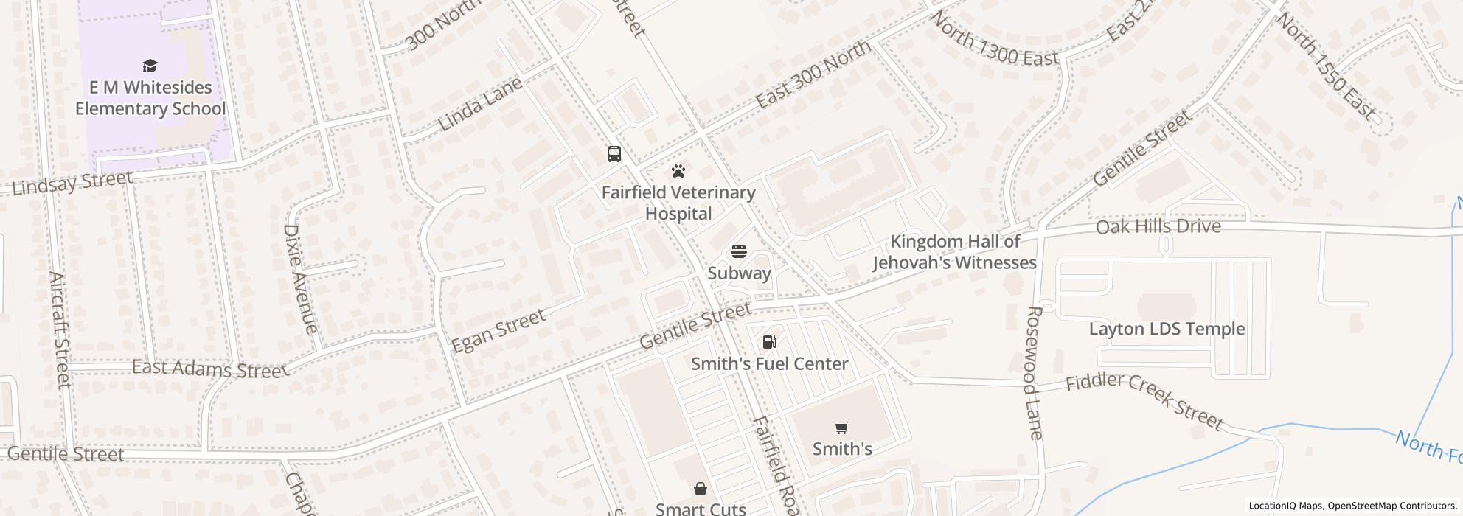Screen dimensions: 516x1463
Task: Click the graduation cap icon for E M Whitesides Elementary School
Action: (x=150, y=66)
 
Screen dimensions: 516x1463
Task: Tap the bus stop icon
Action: (x=614, y=154)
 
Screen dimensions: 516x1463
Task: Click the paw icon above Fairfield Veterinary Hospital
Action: (x=678, y=172)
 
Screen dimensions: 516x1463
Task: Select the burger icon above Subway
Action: (x=739, y=252)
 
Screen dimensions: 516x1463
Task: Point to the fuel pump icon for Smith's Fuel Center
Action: (x=769, y=342)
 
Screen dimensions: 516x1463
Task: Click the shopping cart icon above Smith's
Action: (x=841, y=428)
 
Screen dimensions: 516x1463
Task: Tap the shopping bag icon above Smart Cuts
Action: (x=700, y=489)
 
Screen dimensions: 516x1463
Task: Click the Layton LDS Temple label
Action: (x=1167, y=329)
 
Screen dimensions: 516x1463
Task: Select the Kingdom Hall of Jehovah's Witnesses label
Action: (x=955, y=252)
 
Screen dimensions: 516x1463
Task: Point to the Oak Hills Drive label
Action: (x=1158, y=226)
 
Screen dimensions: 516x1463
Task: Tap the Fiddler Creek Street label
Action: (x=1144, y=401)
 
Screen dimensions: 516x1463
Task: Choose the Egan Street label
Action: (x=498, y=330)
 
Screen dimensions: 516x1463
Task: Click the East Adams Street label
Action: (x=209, y=369)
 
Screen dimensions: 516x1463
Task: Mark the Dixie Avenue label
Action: (x=300, y=279)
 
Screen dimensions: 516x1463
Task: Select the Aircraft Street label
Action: (x=60, y=330)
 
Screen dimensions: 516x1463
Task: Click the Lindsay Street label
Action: (x=72, y=182)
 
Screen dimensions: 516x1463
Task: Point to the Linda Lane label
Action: (x=481, y=104)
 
